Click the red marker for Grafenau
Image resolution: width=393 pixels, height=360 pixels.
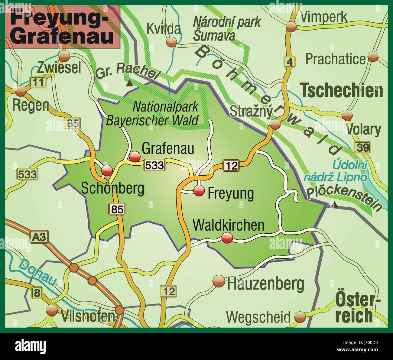(135, 157)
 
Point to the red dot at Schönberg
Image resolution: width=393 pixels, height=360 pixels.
(107, 170)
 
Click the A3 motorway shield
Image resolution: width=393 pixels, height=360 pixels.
(39, 237)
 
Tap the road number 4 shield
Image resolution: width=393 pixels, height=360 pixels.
(289, 62)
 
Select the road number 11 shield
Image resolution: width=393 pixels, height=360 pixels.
(38, 82)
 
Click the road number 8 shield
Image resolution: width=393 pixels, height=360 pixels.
(37, 292)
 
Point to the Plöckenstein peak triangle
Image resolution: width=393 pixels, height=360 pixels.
(334, 205)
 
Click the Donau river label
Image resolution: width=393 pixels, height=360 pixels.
(37, 273)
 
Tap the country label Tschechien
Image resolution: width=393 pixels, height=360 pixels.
(342, 90)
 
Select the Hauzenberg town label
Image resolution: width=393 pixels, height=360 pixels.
(265, 284)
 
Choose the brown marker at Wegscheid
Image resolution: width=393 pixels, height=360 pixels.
(300, 317)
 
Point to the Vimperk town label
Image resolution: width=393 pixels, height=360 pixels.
(324, 17)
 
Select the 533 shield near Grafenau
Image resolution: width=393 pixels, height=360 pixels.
(154, 165)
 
